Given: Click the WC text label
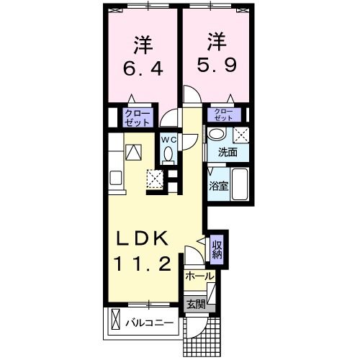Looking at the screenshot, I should click(168, 139).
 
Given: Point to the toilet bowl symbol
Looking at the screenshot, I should click(168, 153).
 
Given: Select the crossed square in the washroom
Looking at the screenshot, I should click(241, 135).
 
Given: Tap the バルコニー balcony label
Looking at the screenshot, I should click(150, 323).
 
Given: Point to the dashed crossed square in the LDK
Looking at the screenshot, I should click(155, 177).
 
